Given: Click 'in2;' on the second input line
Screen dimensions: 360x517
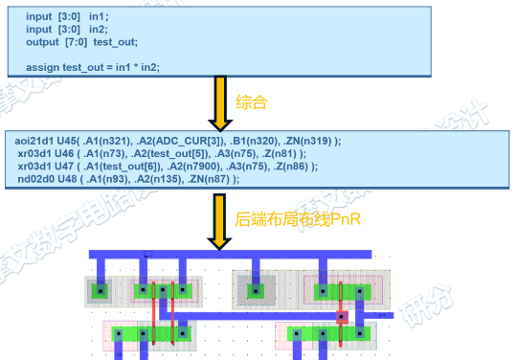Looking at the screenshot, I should pyautogui.click(x=101, y=29).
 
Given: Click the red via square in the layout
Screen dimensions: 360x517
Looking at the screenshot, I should pyautogui.click(x=341, y=315).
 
